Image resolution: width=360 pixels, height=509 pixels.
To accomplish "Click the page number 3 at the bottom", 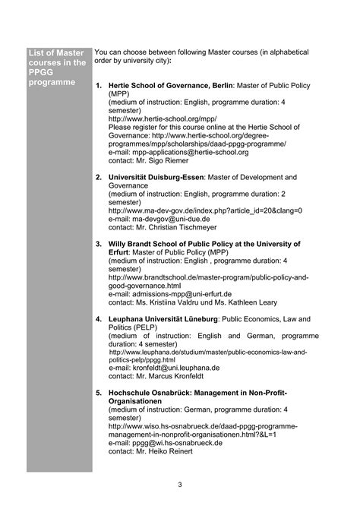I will point(179,484).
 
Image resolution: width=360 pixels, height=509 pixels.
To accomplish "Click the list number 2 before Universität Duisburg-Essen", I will point(99,177).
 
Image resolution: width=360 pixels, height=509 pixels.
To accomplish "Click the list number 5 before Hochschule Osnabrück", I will point(99,393).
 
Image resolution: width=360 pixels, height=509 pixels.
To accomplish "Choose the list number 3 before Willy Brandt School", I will point(99,244).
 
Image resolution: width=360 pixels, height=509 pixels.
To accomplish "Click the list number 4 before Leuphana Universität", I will point(99,318).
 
